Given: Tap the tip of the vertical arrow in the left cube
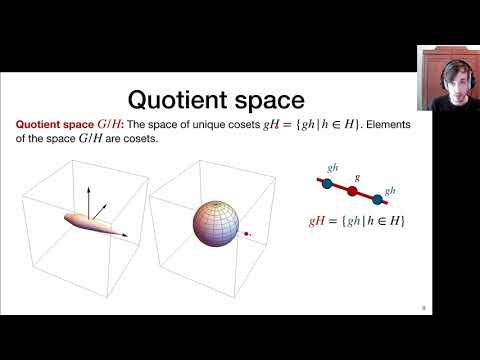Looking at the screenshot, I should (x=87, y=187).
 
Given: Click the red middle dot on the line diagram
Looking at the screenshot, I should (x=351, y=190).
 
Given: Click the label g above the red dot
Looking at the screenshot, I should (x=356, y=176).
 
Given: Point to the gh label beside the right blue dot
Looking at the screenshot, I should (x=390, y=189).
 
